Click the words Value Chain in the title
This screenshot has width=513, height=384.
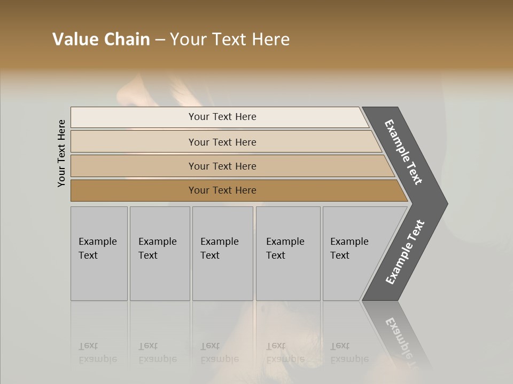101,39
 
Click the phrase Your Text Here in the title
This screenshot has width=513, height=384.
230,39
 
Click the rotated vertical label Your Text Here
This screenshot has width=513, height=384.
61,154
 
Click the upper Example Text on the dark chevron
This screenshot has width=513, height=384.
404,152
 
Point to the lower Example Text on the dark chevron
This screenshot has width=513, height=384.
405,252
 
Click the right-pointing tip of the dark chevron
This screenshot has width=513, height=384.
443,204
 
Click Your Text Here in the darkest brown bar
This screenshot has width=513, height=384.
222,190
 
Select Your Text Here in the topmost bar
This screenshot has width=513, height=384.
222,117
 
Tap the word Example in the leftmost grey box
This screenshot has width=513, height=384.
97,242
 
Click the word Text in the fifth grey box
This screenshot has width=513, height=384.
340,255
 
